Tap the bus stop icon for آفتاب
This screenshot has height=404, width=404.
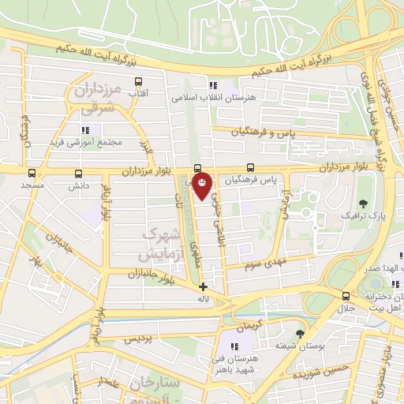coord(140,80)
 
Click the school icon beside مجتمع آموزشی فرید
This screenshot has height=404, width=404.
coord(85,129)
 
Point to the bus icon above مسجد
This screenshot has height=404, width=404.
coord(32,172)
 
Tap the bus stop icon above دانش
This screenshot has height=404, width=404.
coord(78,174)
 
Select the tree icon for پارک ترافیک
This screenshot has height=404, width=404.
coord(363,203)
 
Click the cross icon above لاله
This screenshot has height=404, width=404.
coord(203,286)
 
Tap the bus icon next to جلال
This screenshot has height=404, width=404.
coord(346,297)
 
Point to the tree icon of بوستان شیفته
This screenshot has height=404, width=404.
coord(299,334)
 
